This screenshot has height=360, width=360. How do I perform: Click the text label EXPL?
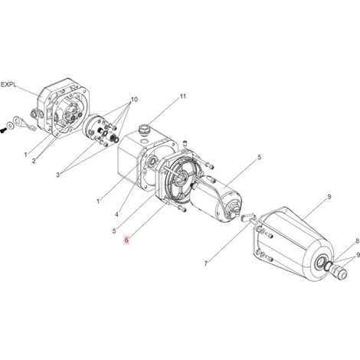[x=9, y=84]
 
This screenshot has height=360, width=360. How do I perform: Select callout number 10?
[x=134, y=100]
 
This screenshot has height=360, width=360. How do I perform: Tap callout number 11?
[x=183, y=97]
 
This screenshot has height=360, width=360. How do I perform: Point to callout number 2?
[x=34, y=161]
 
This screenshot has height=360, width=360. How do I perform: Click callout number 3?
[x=58, y=175]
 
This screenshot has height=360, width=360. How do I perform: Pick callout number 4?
[x=116, y=214]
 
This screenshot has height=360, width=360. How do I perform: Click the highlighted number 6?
[x=126, y=240]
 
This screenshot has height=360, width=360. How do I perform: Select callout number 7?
[x=206, y=263]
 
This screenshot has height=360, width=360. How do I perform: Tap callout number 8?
[x=358, y=241]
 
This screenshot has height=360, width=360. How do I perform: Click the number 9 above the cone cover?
[x=329, y=197]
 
